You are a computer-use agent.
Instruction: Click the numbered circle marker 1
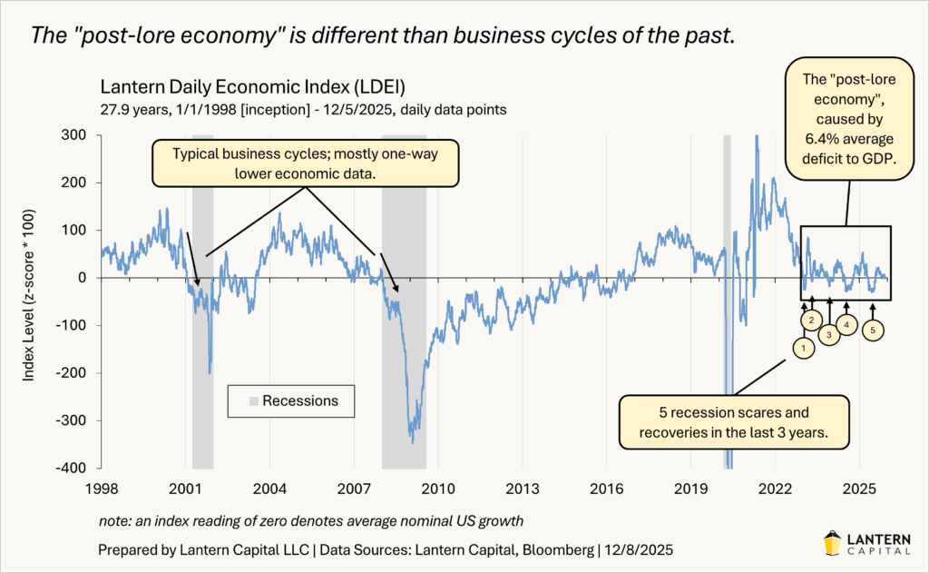[x=802, y=346]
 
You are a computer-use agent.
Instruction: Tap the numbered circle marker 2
[x=812, y=320]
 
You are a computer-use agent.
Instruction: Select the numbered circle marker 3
[x=829, y=333]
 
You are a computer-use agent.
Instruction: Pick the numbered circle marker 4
[x=846, y=323]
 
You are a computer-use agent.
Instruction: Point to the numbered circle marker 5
[x=872, y=331]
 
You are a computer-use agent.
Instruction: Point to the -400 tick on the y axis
[x=73, y=468]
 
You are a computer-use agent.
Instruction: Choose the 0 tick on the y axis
[x=86, y=278]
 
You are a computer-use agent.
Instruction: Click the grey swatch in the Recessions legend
[x=253, y=400]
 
